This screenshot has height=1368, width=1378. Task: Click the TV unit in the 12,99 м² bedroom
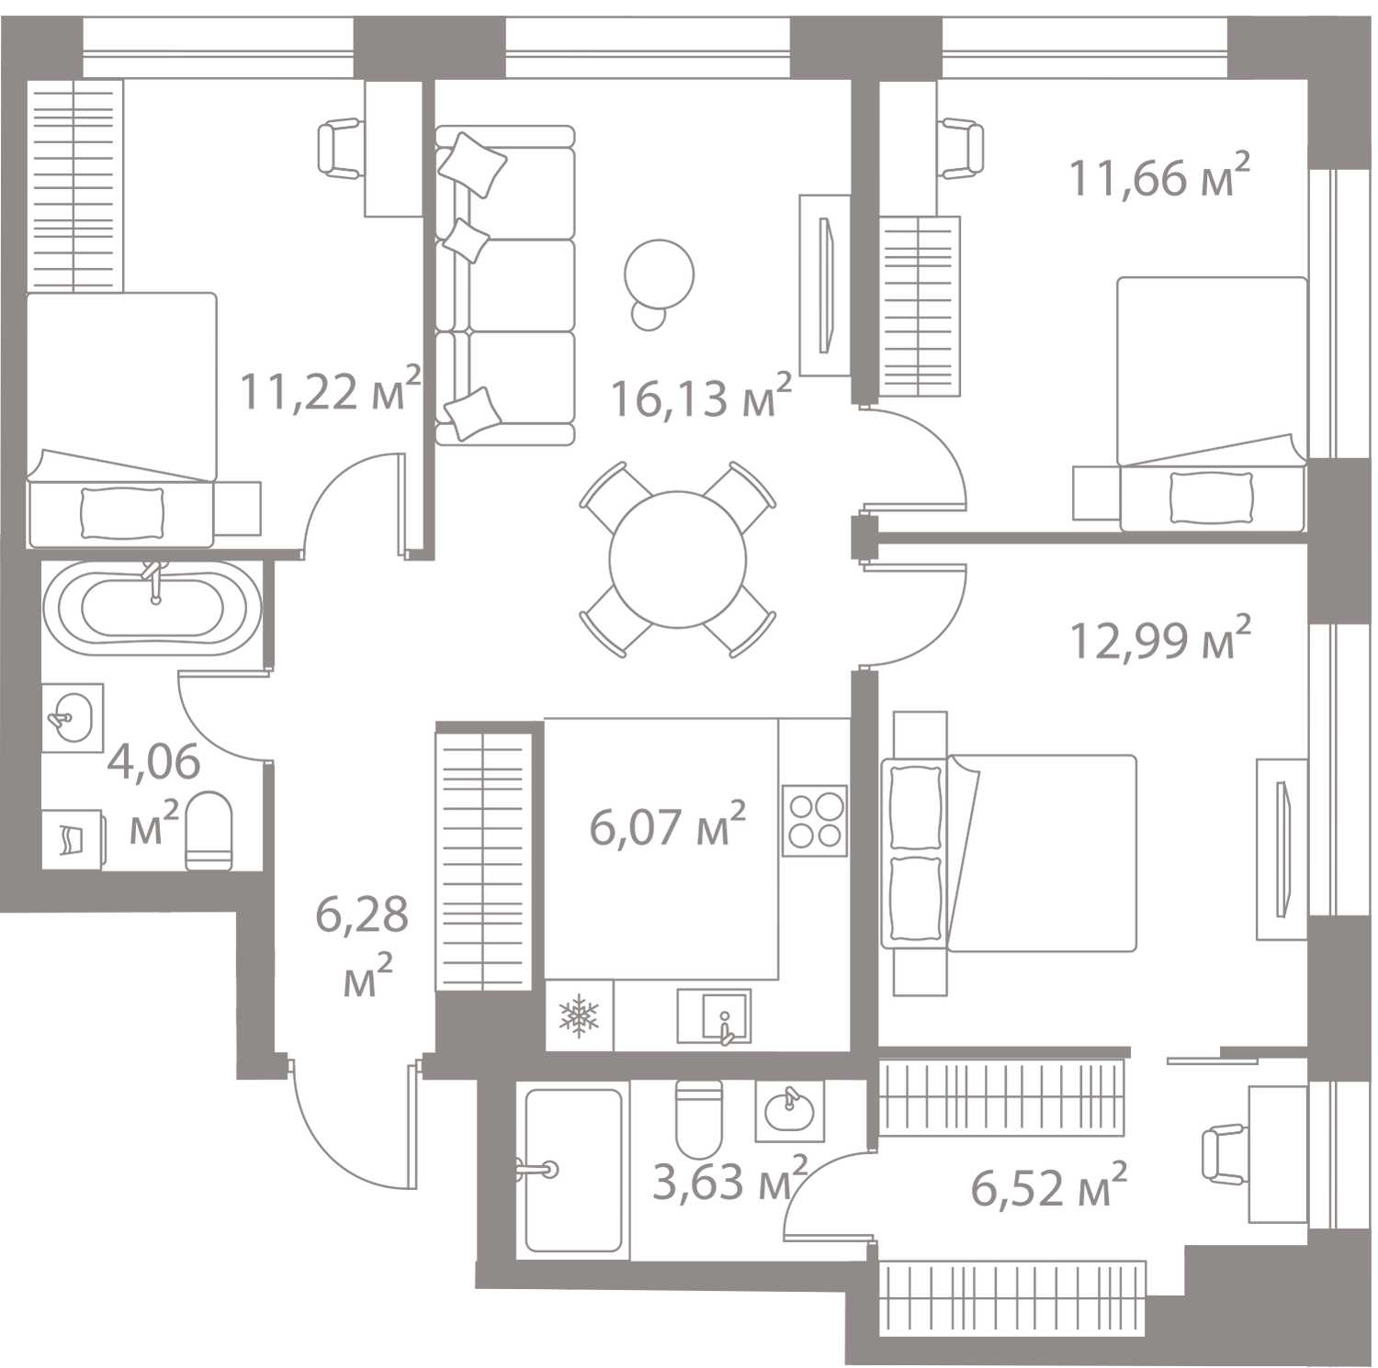(x=1282, y=849)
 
